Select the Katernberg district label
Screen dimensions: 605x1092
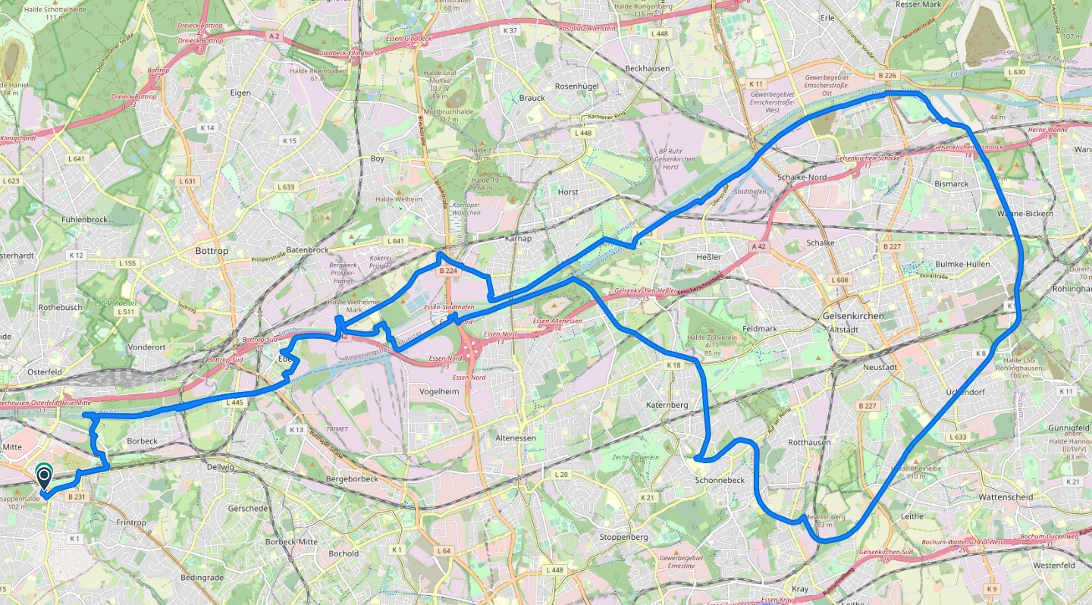pos(667,405)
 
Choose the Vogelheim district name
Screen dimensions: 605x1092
pos(441,391)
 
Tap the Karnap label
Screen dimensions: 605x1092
pos(519,238)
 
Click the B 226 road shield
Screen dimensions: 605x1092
pos(886,75)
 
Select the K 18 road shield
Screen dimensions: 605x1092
pos(673,365)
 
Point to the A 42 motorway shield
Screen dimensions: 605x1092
pos(759,247)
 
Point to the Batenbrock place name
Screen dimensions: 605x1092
pos(307,249)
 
